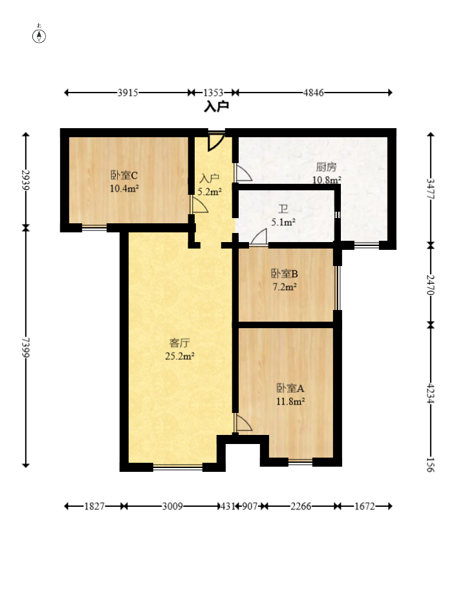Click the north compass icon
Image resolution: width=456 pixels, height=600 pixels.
click(39, 34)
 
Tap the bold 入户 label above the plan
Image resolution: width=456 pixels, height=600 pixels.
click(217, 106)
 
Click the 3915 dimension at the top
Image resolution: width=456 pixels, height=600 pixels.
click(128, 93)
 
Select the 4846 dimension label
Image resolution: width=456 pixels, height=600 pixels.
click(313, 93)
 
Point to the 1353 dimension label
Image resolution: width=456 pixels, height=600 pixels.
click(213, 93)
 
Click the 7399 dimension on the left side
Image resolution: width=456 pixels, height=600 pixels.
click(26, 347)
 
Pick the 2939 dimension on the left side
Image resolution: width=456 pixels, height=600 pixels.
click(26, 180)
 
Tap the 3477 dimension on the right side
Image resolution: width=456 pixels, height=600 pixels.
click(431, 188)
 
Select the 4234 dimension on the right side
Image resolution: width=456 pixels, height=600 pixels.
click(431, 393)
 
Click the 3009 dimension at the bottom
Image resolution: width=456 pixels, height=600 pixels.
click(172, 506)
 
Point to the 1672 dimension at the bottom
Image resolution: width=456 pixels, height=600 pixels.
click(364, 506)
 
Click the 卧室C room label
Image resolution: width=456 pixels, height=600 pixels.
click(124, 175)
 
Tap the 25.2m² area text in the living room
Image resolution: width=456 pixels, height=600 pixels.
click(180, 356)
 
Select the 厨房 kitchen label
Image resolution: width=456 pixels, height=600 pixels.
click(327, 167)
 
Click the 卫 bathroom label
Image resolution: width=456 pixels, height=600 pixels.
click(283, 209)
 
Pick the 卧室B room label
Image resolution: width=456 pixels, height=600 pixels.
click(285, 274)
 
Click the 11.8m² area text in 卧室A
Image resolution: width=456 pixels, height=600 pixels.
click(290, 401)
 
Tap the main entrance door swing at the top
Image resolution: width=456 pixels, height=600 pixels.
click(216, 142)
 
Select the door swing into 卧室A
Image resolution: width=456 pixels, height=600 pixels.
click(243, 423)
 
